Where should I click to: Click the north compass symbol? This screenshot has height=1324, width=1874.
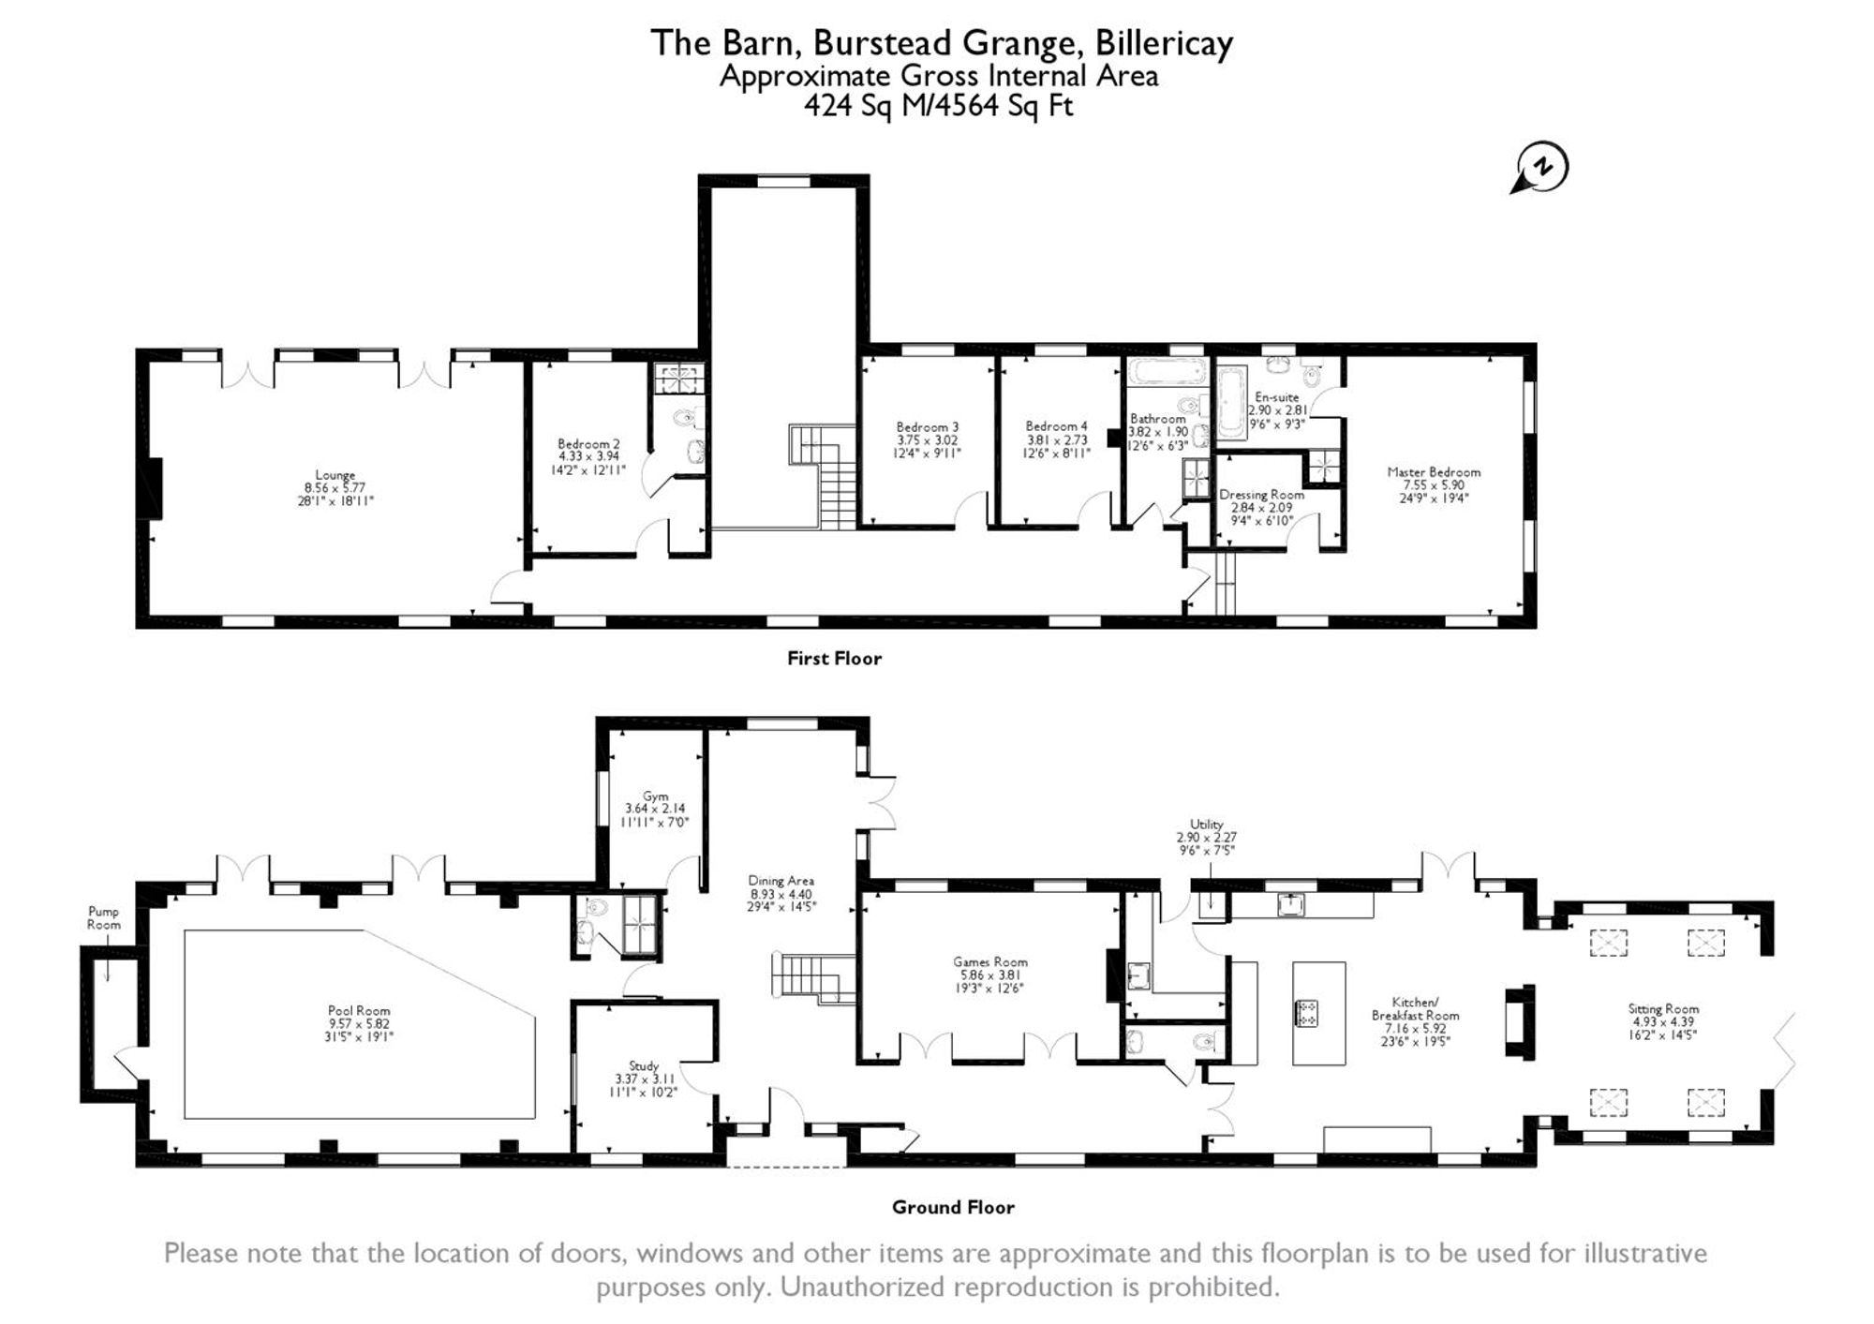[x=1539, y=169]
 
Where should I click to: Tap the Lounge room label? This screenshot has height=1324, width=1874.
[x=335, y=475]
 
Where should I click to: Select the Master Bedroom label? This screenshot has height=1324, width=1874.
[x=1434, y=472]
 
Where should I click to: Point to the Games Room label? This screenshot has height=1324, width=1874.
[x=990, y=961]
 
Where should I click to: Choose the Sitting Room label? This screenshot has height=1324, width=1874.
[x=1663, y=1009]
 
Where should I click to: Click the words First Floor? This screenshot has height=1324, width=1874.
[x=834, y=659]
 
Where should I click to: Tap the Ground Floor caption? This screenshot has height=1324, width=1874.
[x=953, y=1207]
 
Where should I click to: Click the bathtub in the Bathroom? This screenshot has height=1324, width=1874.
[x=1167, y=371]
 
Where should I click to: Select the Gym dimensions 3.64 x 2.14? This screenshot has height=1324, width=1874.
[x=655, y=809]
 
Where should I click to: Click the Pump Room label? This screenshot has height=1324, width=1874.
[x=103, y=917]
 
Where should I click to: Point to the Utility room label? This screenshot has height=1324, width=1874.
[x=1207, y=825]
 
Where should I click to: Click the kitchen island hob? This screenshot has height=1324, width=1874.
[x=1306, y=1013]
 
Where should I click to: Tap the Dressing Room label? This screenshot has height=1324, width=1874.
[x=1261, y=495]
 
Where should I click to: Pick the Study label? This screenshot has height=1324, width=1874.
[x=644, y=1065]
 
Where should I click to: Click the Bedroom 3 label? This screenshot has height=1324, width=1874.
[x=927, y=426]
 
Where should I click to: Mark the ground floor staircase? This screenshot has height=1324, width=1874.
[x=813, y=978]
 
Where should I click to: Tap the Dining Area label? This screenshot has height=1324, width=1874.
[x=781, y=881]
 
